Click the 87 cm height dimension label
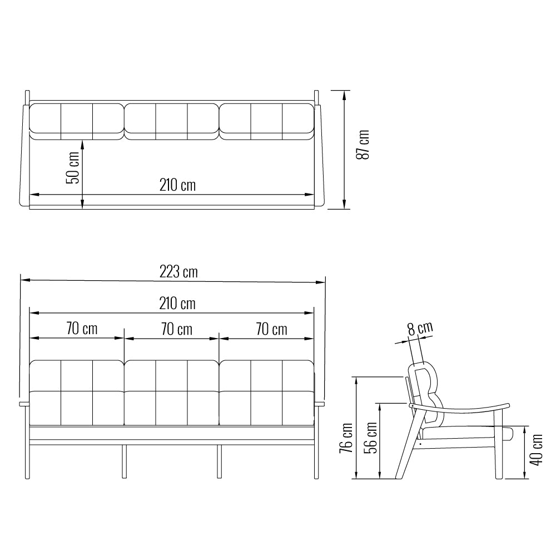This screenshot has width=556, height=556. click(x=363, y=145)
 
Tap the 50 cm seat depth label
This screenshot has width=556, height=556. click(x=73, y=168)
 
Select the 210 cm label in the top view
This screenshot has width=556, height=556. click(x=177, y=185)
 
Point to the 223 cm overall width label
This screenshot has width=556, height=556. click(x=178, y=272)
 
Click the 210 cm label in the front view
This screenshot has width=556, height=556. click(x=177, y=304)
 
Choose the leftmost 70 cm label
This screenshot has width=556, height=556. click(x=82, y=329)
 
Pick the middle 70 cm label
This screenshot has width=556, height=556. click(x=177, y=329)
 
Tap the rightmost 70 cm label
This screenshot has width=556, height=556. click(x=272, y=329)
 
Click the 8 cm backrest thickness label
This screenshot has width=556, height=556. click(x=420, y=328)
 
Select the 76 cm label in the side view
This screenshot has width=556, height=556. click(x=346, y=438)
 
